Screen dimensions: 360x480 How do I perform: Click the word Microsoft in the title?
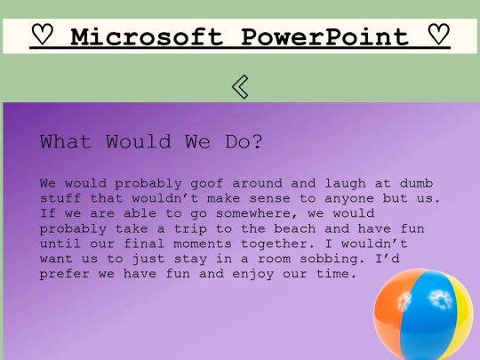pos(148,36)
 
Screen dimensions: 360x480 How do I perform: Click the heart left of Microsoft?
pos(42,36)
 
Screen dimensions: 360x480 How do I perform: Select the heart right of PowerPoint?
pos(438,36)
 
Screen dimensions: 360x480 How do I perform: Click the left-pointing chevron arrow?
pos(240,86)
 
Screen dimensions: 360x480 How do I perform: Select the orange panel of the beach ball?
pos(395,313)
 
